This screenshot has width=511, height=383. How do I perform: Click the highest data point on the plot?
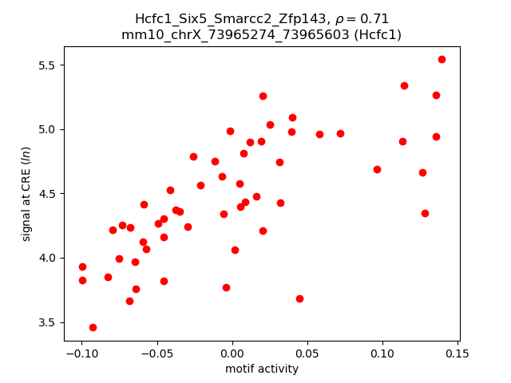(x=442, y=59)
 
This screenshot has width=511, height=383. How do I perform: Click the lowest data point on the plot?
(x=93, y=327)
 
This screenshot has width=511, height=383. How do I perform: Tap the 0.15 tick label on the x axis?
(x=458, y=353)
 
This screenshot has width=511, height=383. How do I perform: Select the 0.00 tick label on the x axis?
(x=232, y=353)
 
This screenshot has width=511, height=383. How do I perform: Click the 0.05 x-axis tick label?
(x=307, y=353)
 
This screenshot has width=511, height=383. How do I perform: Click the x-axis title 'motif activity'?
(x=262, y=369)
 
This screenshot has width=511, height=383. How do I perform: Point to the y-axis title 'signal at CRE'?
(x=26, y=194)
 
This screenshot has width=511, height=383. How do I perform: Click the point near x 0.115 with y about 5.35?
(x=404, y=85)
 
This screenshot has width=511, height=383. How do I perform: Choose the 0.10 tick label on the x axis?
(x=382, y=353)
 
